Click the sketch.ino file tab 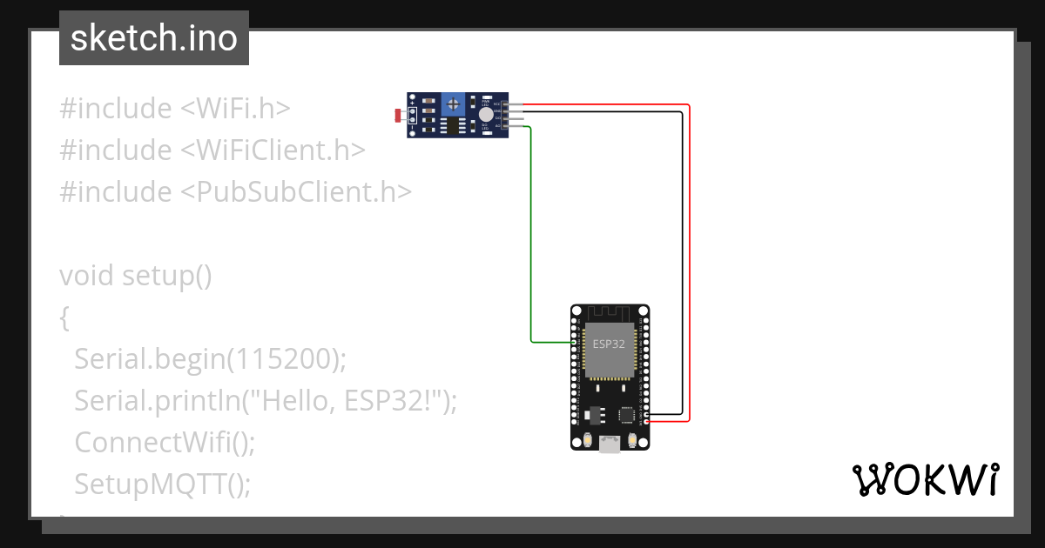point(153,38)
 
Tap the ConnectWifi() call point(165,442)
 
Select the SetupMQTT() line point(162,484)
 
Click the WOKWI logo point(925,480)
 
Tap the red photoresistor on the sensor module point(399,115)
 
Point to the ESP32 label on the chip point(609,344)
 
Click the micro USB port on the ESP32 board point(610,444)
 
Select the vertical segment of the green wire point(530,235)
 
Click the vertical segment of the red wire point(690,261)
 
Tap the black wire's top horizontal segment point(601,111)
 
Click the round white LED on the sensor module point(485,114)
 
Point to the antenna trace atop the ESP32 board point(610,312)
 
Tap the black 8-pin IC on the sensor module point(453,127)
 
